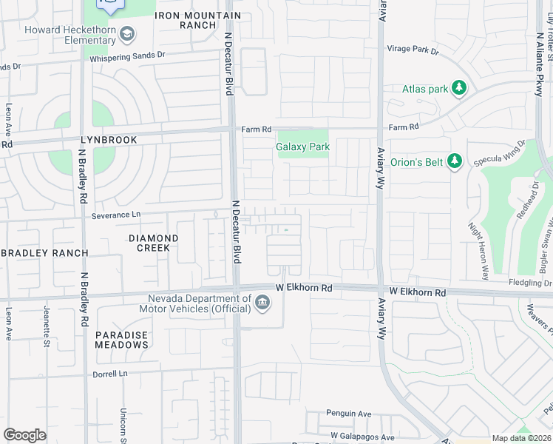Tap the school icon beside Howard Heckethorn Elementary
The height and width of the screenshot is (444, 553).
click(x=128, y=34)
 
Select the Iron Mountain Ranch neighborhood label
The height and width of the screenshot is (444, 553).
click(x=199, y=20)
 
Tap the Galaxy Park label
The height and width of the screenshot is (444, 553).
click(x=303, y=147)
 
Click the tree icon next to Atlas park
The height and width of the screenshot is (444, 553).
click(x=460, y=89)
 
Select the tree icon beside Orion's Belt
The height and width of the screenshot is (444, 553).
click(x=455, y=161)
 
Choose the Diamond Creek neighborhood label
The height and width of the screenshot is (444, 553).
click(x=154, y=243)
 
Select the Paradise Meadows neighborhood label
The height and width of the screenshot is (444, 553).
click(x=122, y=340)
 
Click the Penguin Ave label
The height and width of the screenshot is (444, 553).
click(x=348, y=414)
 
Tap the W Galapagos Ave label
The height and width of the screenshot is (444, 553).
click(x=362, y=437)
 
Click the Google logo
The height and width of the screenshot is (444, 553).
click(x=24, y=435)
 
